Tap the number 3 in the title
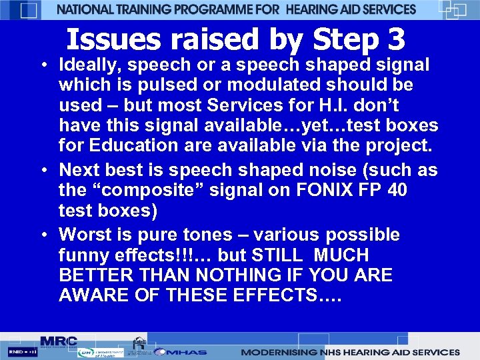(395, 40)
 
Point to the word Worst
(86, 235)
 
